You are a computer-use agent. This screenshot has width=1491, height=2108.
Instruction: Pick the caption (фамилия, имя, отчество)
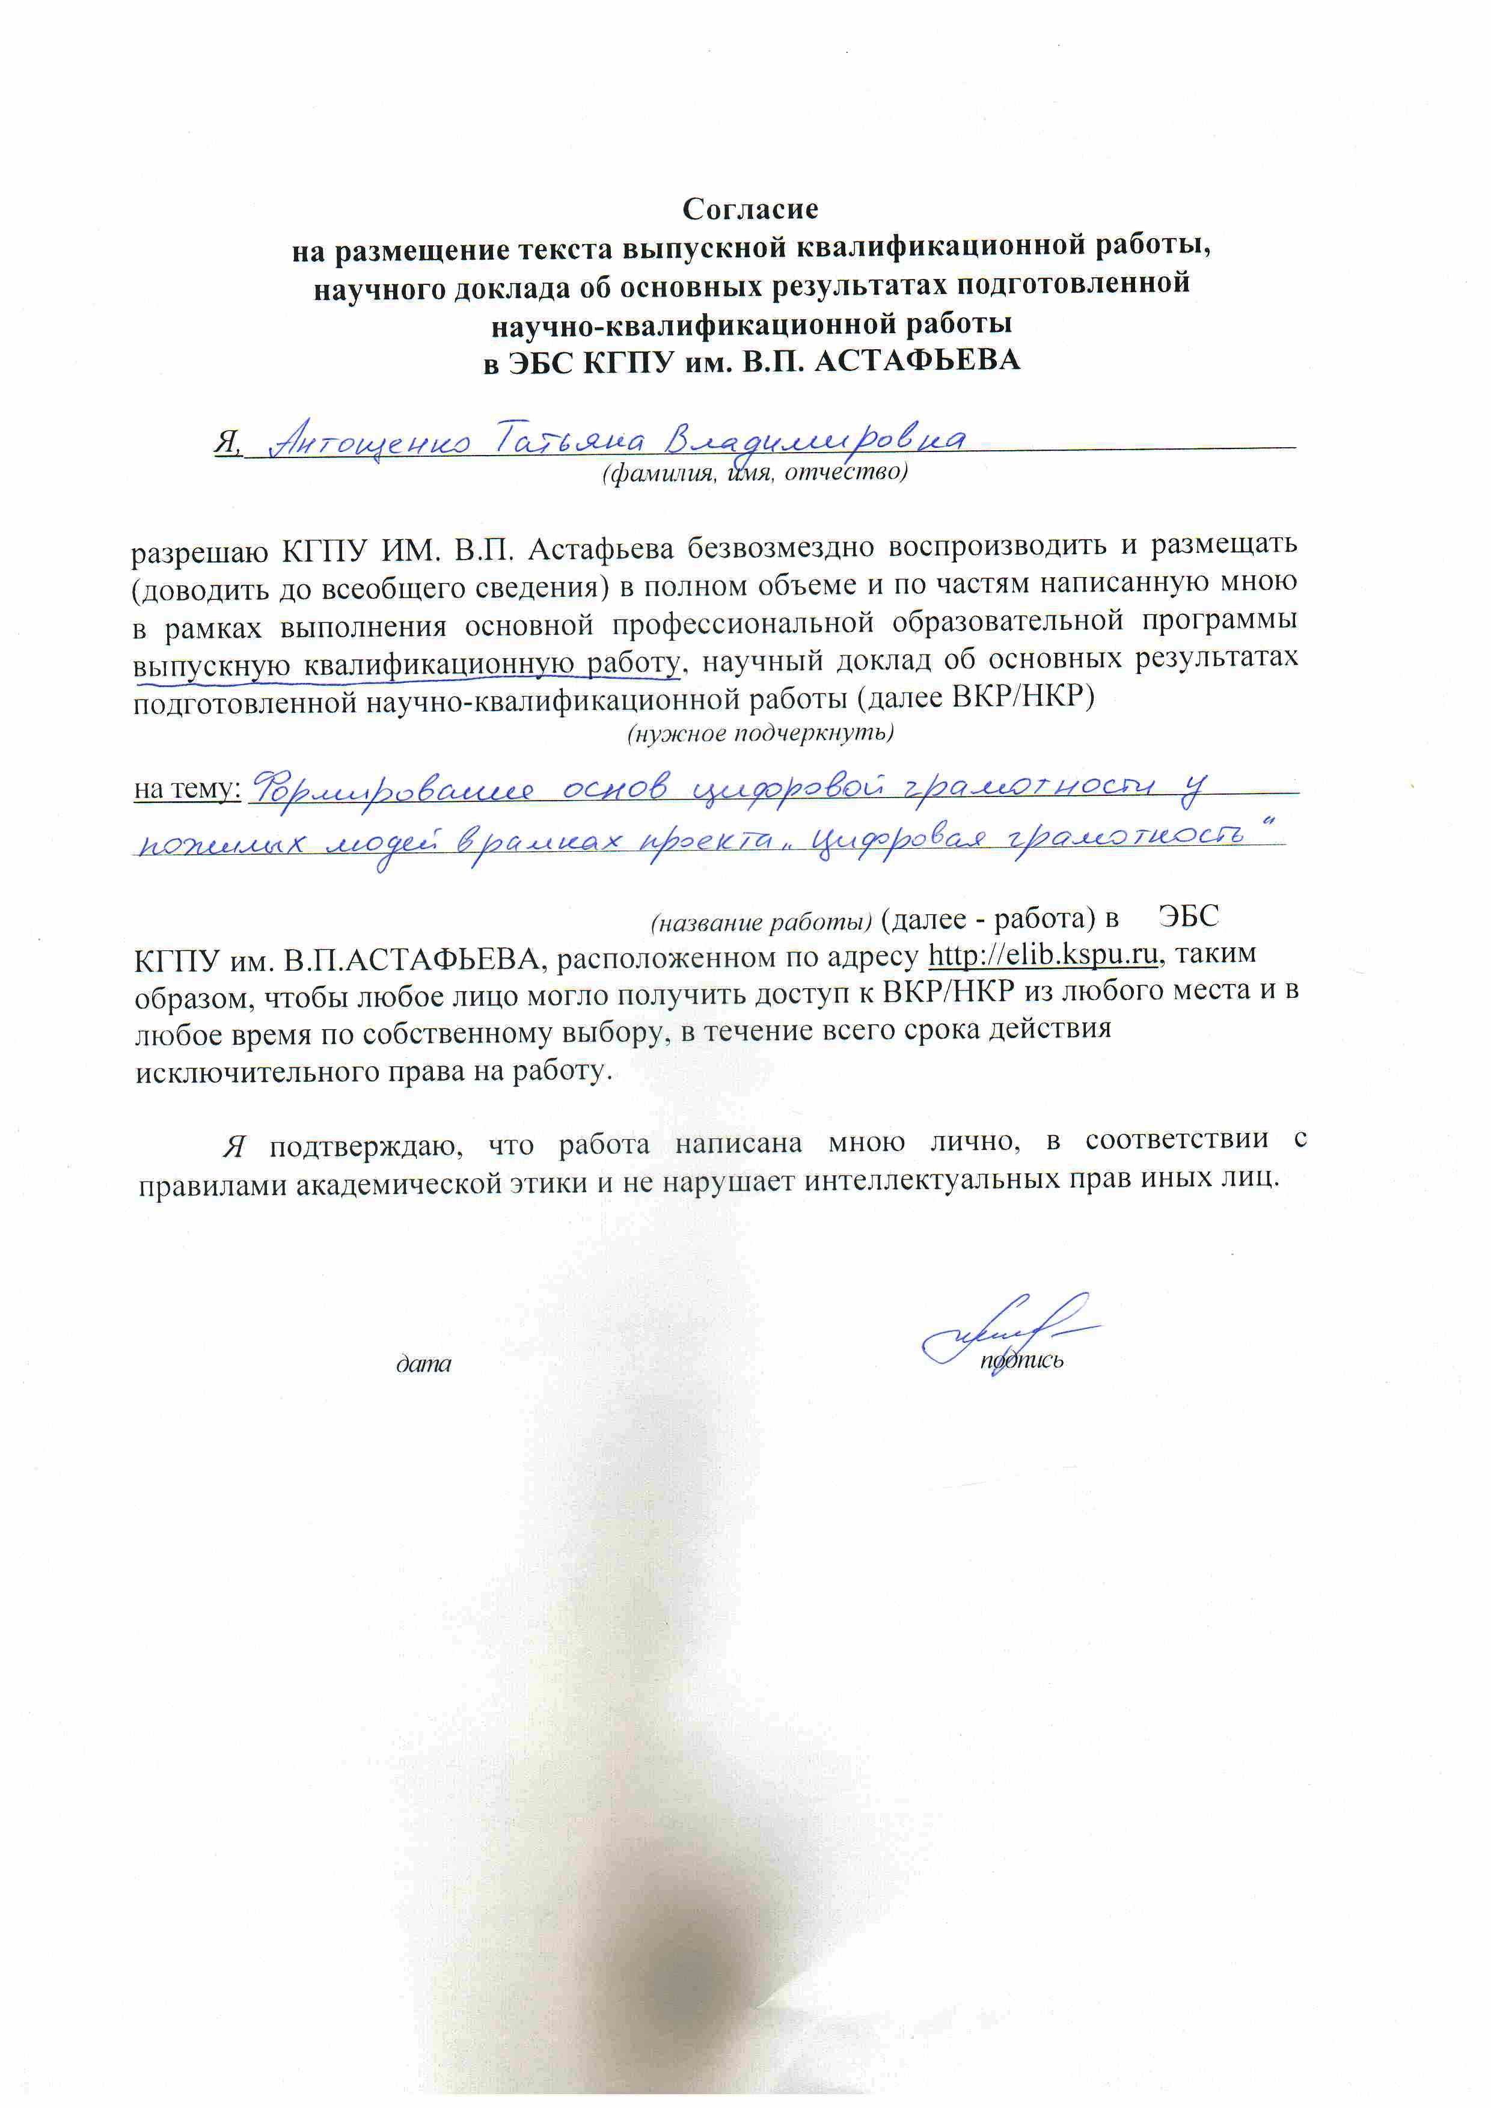pos(755,474)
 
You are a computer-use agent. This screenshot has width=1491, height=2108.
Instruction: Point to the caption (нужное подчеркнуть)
pos(760,733)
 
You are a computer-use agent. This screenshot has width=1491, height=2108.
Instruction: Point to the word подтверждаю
pos(366,1145)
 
